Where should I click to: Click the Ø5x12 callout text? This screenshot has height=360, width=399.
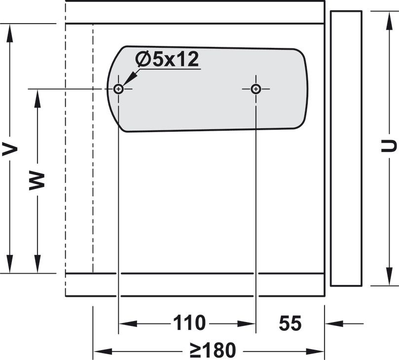point(167,59)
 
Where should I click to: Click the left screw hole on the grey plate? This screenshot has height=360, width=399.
point(118,89)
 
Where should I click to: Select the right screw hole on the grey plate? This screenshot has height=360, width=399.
point(256,89)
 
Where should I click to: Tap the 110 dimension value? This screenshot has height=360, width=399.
point(189,323)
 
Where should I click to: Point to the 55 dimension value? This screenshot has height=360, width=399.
point(290,323)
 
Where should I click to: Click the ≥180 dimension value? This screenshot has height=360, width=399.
point(213,350)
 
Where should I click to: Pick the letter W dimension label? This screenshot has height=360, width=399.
point(37,181)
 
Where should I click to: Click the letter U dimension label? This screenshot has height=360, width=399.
point(389,146)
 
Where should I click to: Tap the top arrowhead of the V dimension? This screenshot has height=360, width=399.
point(10,33)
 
